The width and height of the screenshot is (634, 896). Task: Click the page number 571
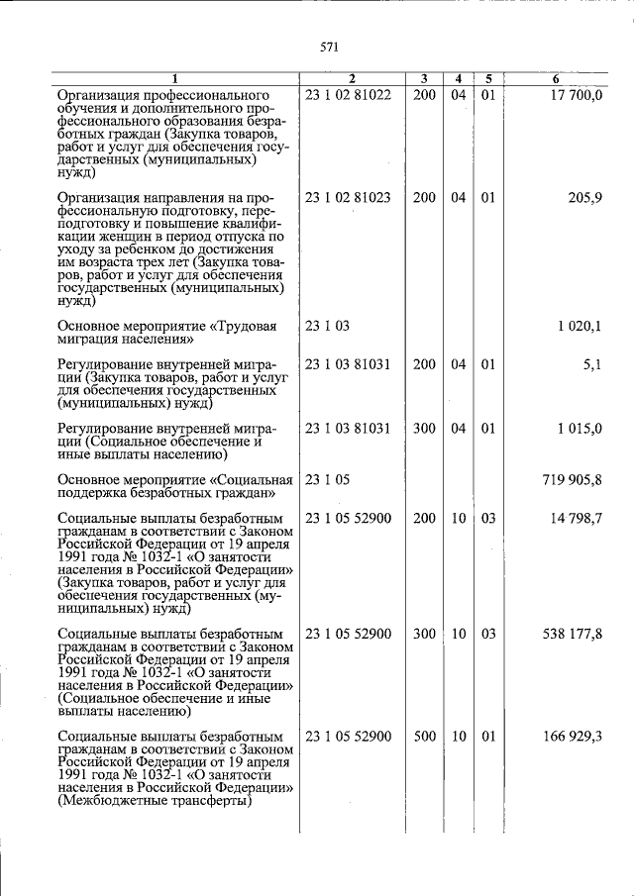[x=330, y=46]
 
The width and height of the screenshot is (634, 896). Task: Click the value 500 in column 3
[x=424, y=738]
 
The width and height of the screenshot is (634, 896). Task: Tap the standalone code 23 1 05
[x=328, y=480]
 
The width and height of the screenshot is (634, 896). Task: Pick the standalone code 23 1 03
[x=328, y=326]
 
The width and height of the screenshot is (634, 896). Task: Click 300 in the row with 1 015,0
[x=424, y=429]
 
